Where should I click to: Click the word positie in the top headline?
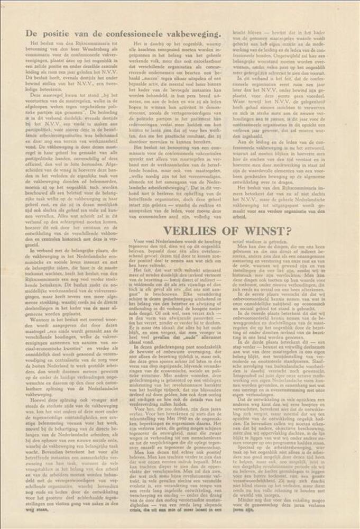tap(53, 33)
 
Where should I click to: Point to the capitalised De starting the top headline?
tap(31, 33)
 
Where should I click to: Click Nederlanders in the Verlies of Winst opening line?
tap(160, 242)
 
